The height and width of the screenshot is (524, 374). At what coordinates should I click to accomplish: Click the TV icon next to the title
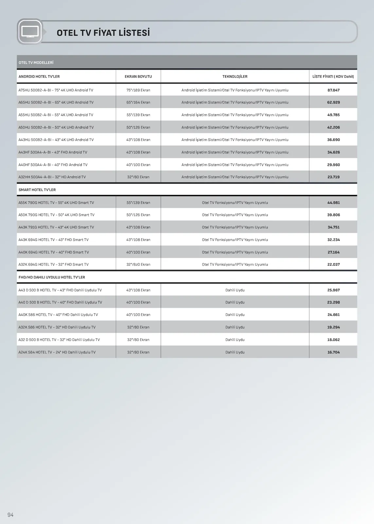(30, 32)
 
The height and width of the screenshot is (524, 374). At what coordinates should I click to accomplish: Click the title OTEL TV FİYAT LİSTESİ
(103, 33)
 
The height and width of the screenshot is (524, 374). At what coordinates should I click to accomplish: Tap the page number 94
(10, 515)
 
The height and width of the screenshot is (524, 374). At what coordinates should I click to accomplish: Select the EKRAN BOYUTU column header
(138, 77)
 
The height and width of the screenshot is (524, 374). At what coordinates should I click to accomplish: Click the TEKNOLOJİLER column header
(235, 77)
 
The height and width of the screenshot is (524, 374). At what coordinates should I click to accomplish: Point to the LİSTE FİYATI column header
(333, 77)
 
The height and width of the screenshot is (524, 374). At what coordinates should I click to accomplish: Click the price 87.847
(333, 90)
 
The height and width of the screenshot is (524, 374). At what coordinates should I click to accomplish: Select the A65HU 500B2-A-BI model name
(56, 103)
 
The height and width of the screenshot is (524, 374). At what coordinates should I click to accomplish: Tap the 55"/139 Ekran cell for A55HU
(138, 115)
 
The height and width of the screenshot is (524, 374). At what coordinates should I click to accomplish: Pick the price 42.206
(333, 127)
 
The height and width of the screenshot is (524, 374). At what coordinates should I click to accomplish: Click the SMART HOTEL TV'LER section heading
(37, 190)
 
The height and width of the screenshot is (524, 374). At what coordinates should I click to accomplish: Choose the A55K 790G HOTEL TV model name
(56, 203)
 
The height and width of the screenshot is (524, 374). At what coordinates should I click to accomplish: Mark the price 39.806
(333, 215)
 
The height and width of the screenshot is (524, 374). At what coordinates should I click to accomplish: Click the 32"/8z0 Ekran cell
(138, 265)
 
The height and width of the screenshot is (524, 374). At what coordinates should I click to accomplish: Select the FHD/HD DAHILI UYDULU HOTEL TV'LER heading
(52, 277)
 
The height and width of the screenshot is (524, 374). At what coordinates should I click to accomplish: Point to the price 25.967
(333, 290)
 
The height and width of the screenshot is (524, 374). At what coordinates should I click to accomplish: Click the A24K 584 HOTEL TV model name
(57, 352)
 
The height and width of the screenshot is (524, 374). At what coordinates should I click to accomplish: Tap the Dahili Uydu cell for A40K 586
(235, 315)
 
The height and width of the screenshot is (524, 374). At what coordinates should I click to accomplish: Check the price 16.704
(333, 352)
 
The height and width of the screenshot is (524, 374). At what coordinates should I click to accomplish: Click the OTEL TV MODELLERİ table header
(36, 63)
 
